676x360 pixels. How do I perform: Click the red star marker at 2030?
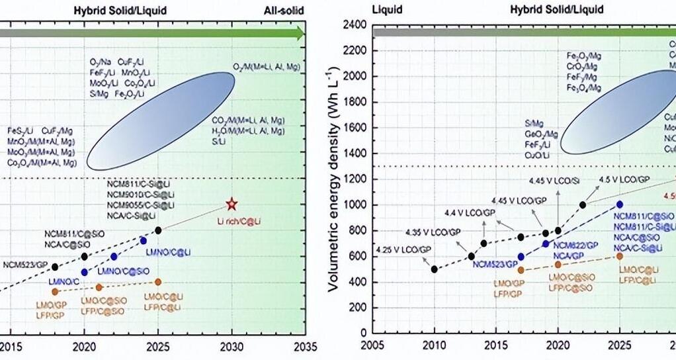pos(231,204)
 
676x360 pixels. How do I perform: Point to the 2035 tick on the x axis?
pos(305,346)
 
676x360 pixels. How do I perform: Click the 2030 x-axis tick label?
pos(231,346)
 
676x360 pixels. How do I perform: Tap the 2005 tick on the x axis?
pos(373,346)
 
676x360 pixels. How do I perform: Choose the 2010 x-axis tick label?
pos(434,346)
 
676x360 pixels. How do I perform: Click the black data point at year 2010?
pos(434,269)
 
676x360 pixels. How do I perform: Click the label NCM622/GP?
pos(577,245)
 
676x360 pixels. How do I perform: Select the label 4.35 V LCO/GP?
pos(433,232)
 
